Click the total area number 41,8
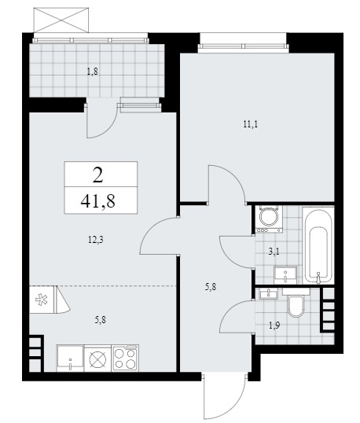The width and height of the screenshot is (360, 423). pyautogui.click(x=98, y=201)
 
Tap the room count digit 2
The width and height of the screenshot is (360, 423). pyautogui.click(x=97, y=175)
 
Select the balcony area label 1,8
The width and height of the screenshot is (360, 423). pyautogui.click(x=92, y=72)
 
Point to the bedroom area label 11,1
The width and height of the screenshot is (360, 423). pyautogui.click(x=251, y=124)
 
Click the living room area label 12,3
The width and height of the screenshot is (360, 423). pyautogui.click(x=96, y=239)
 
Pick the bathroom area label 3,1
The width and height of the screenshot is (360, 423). pyautogui.click(x=274, y=252)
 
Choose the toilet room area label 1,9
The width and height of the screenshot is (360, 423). pyautogui.click(x=274, y=326)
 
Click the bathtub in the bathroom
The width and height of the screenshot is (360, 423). pyautogui.click(x=318, y=245)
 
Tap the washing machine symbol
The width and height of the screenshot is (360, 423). pyautogui.click(x=270, y=219)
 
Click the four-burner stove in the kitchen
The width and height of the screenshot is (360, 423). pyautogui.click(x=125, y=358)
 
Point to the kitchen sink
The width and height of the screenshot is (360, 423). pyautogui.click(x=70, y=358)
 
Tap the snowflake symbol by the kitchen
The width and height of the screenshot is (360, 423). pyautogui.click(x=42, y=300)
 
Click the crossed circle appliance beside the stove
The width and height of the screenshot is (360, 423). pyautogui.click(x=97, y=359)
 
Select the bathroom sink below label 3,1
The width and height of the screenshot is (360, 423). pyautogui.click(x=285, y=275)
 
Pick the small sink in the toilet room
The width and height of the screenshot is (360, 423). pyautogui.click(x=268, y=293)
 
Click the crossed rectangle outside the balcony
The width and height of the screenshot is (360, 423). pyautogui.click(x=61, y=20)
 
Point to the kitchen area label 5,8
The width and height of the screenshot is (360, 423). pyautogui.click(x=100, y=320)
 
